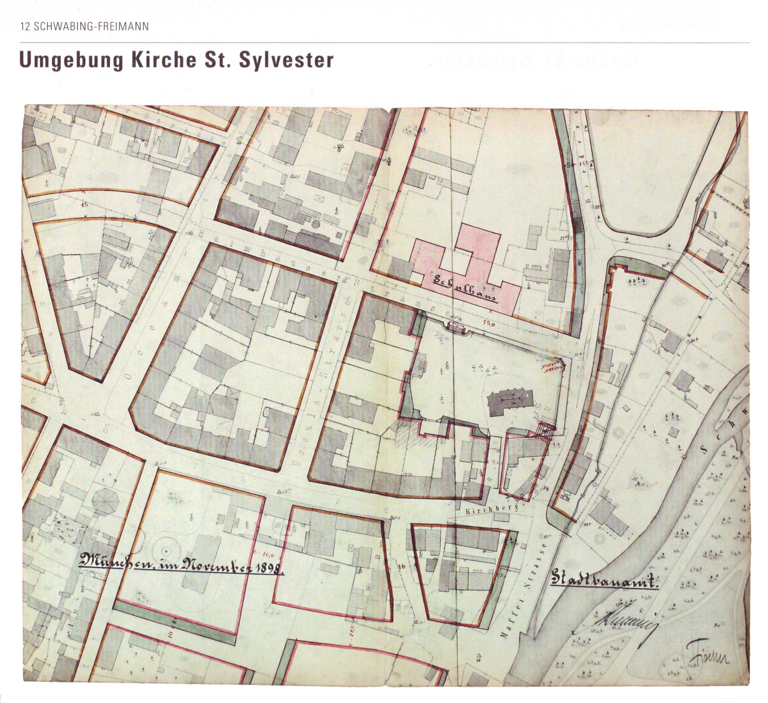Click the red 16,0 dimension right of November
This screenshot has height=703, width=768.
coord(268,555)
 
